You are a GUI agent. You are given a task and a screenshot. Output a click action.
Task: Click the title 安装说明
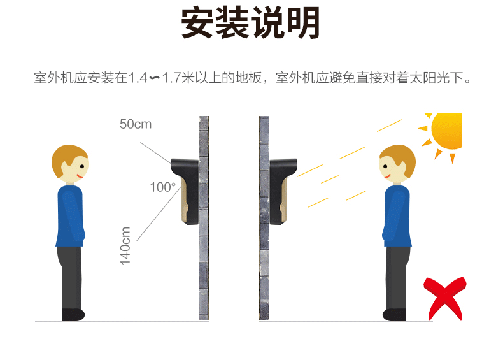[250, 23]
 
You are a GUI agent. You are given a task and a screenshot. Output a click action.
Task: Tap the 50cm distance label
[136, 124]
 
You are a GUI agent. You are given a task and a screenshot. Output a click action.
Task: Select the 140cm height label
[125, 246]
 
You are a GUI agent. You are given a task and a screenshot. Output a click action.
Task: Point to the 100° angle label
[162, 187]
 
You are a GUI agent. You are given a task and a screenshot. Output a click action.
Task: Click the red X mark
[444, 298]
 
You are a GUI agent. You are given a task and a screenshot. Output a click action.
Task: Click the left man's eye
[82, 166]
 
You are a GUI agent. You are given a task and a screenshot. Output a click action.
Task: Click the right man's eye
[385, 166]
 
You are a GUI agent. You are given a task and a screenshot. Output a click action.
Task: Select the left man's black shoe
[73, 315]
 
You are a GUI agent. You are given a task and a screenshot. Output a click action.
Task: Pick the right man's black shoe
[394, 315]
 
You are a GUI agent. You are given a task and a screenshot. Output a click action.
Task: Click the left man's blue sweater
[70, 216]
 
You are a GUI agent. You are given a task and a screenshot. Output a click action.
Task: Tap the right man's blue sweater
[397, 216]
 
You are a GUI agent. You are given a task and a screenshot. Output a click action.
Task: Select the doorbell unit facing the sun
[282, 191]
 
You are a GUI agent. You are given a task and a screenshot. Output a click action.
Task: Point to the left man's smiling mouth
[80, 176]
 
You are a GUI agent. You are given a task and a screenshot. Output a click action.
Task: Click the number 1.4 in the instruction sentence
[138, 78]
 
